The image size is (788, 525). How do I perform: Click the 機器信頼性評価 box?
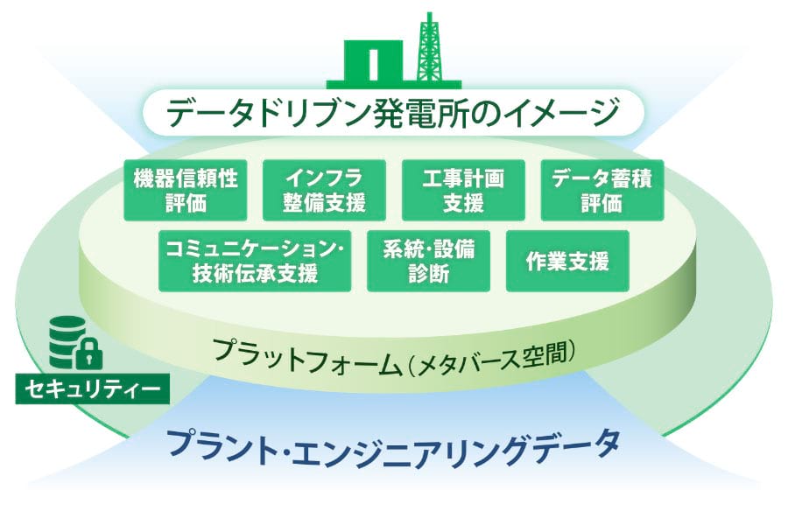coord(185,190)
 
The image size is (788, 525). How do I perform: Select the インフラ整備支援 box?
coord(323,190)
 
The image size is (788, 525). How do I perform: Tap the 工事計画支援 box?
coord(463,190)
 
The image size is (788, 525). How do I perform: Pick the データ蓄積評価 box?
coord(602,190)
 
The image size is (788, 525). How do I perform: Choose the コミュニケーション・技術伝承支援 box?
coord(255,261)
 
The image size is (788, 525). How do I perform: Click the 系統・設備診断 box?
coord(428,261)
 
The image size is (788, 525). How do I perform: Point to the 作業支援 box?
coord(567,261)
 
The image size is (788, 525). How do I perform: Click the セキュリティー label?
coord(92,388)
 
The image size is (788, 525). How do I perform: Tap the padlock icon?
coord(91,354)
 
